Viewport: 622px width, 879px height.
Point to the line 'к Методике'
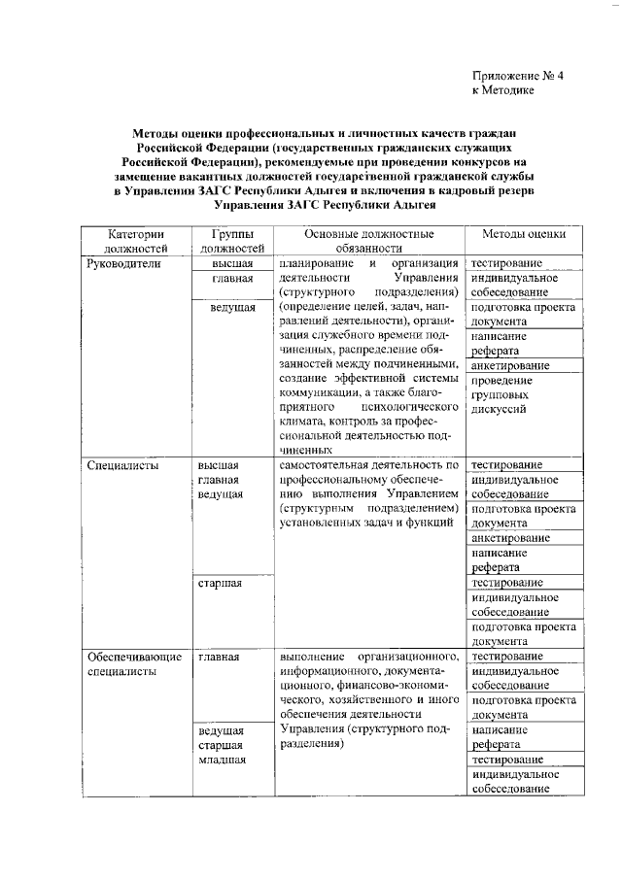503,90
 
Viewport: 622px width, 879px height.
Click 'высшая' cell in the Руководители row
233,263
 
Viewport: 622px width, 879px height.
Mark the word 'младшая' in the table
221,761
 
